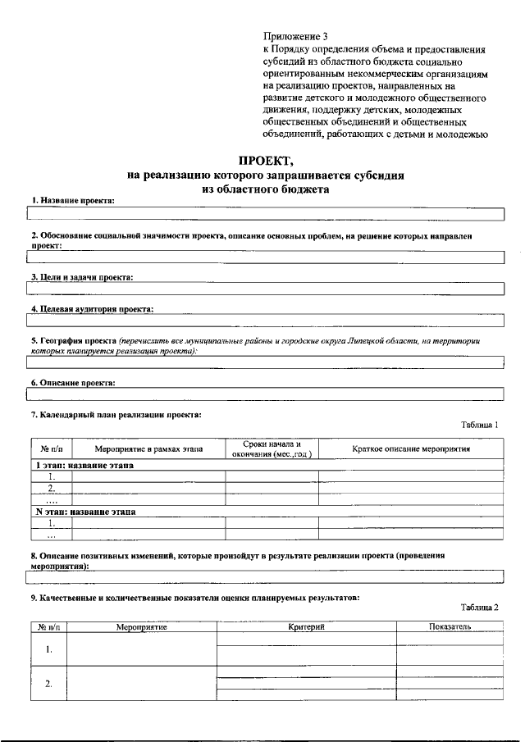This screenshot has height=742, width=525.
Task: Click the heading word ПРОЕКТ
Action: (264, 161)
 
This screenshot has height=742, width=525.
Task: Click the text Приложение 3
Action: (295, 36)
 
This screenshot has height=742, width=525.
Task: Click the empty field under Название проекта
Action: (266, 214)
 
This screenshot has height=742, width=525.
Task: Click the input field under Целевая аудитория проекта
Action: (266, 321)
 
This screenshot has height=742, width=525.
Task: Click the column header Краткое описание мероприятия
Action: (411, 449)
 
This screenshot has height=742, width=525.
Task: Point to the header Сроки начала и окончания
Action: (272, 449)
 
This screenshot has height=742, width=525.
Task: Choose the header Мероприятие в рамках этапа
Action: (148, 449)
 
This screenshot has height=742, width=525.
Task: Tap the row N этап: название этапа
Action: (85, 511)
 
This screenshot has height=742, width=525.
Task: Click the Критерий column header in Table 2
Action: (307, 626)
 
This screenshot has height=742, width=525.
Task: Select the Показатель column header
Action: (449, 626)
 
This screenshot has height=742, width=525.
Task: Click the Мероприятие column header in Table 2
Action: (141, 626)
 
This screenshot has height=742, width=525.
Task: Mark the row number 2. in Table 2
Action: (48, 684)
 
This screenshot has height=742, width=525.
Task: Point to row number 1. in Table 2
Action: (48, 649)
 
